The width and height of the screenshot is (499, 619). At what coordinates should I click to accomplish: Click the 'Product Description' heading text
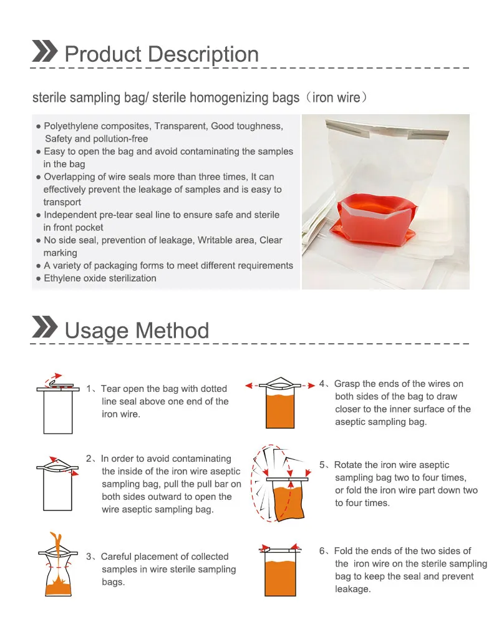(x=162, y=54)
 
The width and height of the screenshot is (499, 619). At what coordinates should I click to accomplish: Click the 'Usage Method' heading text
(x=137, y=330)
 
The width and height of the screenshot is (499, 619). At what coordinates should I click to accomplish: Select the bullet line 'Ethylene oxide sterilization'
(x=100, y=278)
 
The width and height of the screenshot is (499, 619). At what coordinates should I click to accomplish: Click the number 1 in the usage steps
(x=89, y=389)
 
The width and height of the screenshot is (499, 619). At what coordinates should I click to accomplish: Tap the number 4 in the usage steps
(x=322, y=384)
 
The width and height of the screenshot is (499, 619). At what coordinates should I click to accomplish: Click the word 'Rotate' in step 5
(x=348, y=465)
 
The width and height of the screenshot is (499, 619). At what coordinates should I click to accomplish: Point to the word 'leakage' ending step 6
(x=353, y=589)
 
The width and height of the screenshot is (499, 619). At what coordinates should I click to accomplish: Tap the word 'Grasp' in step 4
(x=347, y=384)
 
